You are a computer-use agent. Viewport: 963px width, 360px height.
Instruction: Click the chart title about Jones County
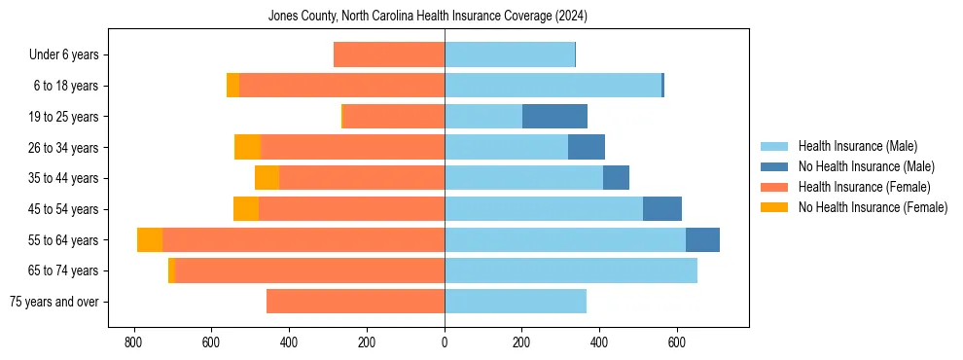click(428, 17)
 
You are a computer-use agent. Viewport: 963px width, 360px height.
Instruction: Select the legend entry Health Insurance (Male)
click(857, 146)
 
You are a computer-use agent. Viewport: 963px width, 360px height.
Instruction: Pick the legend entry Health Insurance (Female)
click(864, 187)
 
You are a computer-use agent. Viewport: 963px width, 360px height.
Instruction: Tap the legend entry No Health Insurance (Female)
click(873, 207)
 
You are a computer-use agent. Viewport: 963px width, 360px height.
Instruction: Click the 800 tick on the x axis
click(133, 342)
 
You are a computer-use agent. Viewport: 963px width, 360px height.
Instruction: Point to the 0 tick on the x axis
click(445, 342)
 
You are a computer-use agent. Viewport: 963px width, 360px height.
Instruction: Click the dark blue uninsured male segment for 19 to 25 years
click(554, 117)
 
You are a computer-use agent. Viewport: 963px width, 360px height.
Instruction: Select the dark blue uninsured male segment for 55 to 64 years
click(702, 239)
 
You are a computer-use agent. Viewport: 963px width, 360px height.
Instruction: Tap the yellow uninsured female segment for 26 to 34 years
click(247, 147)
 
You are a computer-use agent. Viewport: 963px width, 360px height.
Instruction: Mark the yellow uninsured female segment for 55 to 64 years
click(150, 239)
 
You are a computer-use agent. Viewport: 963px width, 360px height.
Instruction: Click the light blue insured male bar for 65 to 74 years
click(571, 270)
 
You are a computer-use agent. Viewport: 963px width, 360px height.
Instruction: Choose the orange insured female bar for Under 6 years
click(389, 54)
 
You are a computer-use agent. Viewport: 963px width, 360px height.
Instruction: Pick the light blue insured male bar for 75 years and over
click(516, 302)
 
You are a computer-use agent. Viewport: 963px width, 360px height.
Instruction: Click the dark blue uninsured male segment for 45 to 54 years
click(661, 209)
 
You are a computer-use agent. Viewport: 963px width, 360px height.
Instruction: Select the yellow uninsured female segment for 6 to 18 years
click(232, 86)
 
